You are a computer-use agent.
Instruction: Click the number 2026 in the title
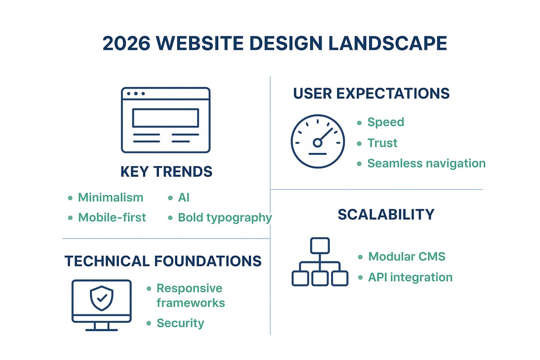[126, 44]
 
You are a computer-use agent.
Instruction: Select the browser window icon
[166, 120]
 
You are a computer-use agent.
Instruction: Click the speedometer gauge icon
[317, 141]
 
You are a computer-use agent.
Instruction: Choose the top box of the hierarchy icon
[320, 246]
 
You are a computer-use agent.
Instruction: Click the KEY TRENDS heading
[166, 171]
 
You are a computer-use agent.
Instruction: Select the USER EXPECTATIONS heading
[371, 94]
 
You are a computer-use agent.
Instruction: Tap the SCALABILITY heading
[386, 214]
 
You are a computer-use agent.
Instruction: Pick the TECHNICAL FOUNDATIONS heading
[163, 261]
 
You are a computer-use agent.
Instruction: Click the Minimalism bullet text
[111, 198]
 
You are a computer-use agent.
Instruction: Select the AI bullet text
[184, 198]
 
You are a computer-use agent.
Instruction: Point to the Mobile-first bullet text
[112, 217]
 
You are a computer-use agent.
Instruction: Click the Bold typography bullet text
[225, 217]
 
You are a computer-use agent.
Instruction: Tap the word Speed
[386, 122]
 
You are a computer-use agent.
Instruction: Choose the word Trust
[382, 143]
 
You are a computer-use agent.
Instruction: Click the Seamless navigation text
[426, 163]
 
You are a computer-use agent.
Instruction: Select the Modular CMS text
[407, 256]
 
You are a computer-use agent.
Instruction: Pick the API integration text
[410, 277]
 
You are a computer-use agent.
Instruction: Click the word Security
[180, 323]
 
